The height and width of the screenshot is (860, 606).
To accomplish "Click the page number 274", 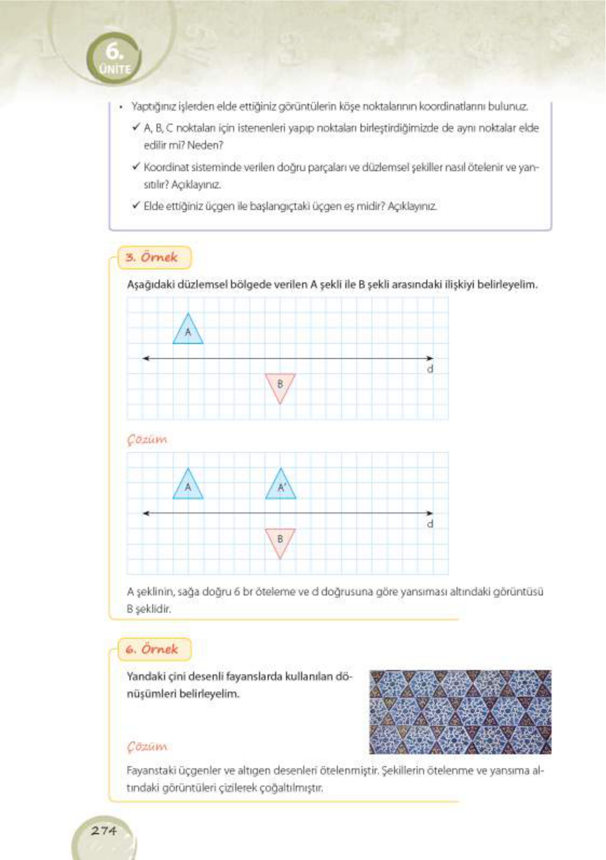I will click(x=104, y=830).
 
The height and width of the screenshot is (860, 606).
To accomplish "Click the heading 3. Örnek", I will click(x=152, y=257).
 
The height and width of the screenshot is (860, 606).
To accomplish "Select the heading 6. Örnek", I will click(x=152, y=649).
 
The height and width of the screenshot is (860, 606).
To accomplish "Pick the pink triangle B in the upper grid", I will click(x=280, y=386).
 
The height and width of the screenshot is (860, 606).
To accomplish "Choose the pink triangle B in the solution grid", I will click(x=280, y=541).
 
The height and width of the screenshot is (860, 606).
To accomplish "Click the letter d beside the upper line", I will click(x=430, y=369).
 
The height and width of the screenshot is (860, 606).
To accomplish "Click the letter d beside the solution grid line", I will click(x=430, y=524).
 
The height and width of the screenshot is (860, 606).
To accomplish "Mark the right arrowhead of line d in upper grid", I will click(x=430, y=358).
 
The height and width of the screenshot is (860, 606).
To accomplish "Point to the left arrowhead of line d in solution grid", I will click(x=146, y=513).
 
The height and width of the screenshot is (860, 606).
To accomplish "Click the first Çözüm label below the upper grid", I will click(x=147, y=439).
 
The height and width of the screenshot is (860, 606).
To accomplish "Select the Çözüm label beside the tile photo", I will click(x=147, y=746).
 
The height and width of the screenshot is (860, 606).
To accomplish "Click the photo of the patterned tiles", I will click(x=460, y=712).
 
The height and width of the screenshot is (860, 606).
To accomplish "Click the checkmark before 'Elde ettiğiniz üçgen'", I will click(x=135, y=206).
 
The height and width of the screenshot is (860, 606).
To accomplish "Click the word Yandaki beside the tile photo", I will click(x=145, y=677).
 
